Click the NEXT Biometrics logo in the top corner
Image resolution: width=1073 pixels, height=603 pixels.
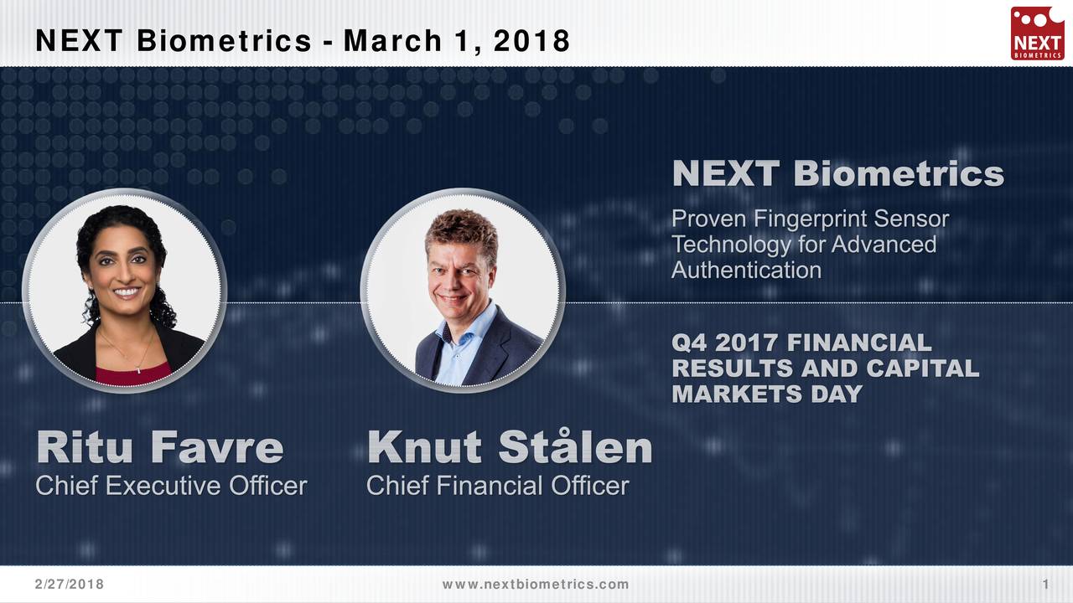point(1037,33)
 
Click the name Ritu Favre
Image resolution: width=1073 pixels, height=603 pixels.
point(160,448)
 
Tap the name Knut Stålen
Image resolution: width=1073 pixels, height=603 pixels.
point(509,448)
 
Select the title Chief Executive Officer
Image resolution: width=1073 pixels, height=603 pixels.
point(171,486)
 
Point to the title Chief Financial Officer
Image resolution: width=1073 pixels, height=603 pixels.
point(497,486)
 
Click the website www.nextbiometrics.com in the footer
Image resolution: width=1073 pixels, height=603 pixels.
point(535,585)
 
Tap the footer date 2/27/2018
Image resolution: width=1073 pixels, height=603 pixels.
point(70,585)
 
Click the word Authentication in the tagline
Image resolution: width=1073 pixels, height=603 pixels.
point(746,271)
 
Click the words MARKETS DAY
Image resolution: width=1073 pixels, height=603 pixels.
point(766,394)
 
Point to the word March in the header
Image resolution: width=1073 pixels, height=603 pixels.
point(392,40)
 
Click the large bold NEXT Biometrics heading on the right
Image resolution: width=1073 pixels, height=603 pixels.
point(837,174)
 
